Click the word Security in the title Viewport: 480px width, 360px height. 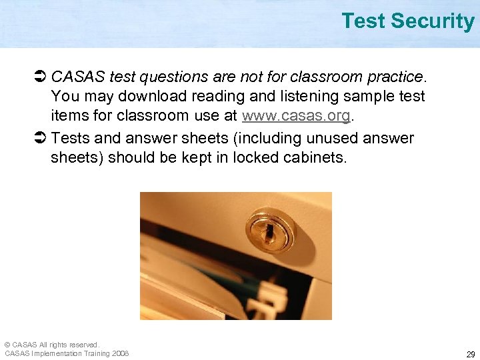(x=433, y=21)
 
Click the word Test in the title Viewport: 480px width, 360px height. (x=364, y=21)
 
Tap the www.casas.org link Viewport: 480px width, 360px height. (x=296, y=115)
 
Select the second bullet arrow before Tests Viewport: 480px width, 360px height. (x=39, y=139)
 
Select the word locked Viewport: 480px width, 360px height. (x=259, y=158)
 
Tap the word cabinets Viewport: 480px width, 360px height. (x=317, y=158)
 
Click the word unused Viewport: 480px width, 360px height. (x=337, y=139)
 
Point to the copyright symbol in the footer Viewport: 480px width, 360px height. (x=7, y=345)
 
